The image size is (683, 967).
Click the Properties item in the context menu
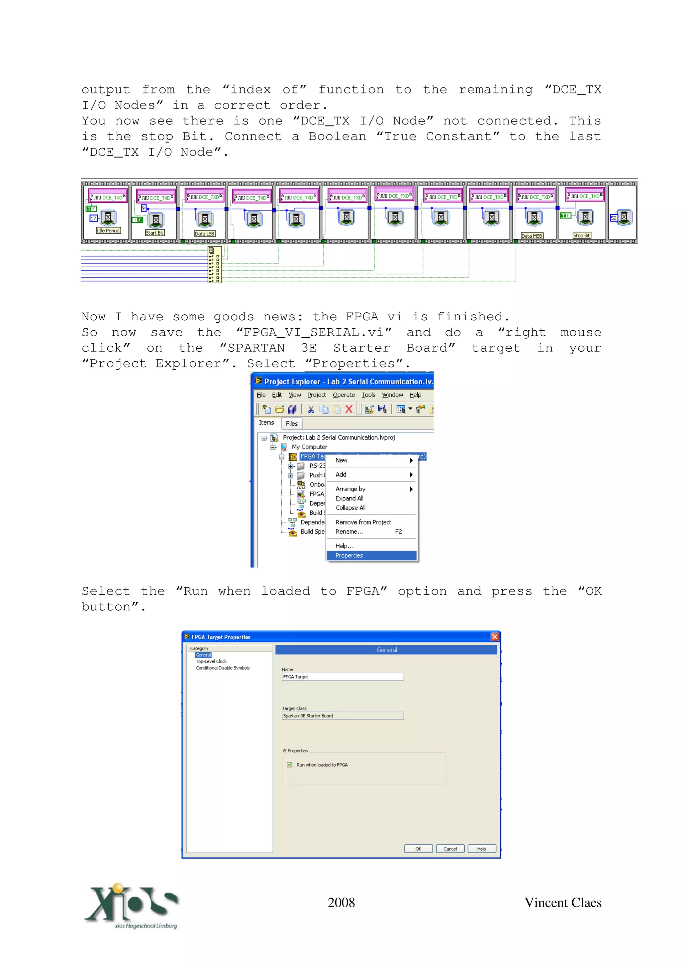pyautogui.click(x=349, y=556)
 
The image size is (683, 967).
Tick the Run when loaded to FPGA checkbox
pyautogui.click(x=289, y=765)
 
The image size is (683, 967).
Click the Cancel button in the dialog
pyautogui.click(x=450, y=849)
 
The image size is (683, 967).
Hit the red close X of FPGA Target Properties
pyautogui.click(x=495, y=637)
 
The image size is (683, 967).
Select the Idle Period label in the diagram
pyautogui.click(x=108, y=231)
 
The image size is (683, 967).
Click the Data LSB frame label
pyautogui.click(x=204, y=234)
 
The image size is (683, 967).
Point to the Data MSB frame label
pyautogui.click(x=532, y=236)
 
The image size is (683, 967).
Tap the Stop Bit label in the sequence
pyautogui.click(x=582, y=236)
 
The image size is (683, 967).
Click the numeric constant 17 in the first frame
pyautogui.click(x=93, y=219)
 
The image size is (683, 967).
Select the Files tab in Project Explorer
pyautogui.click(x=291, y=424)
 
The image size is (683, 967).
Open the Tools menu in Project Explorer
pyautogui.click(x=368, y=395)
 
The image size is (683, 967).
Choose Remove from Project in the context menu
pyautogui.click(x=363, y=522)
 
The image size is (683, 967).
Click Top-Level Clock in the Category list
pyautogui.click(x=211, y=661)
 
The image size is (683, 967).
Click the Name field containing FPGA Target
pyautogui.click(x=343, y=677)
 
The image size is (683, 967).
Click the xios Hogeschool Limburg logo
pyautogui.click(x=131, y=906)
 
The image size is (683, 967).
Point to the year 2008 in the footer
pyautogui.click(x=341, y=903)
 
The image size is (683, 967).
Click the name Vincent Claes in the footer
pyautogui.click(x=563, y=903)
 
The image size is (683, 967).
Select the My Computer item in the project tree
pyautogui.click(x=309, y=447)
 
